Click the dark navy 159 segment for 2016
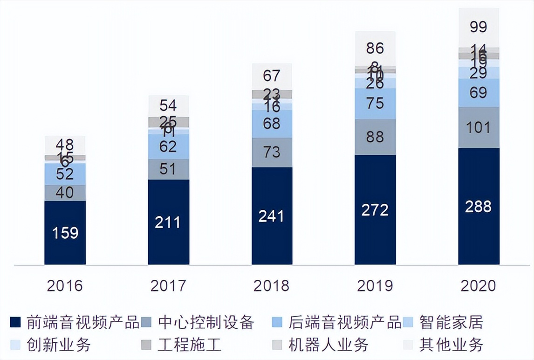pos(65,232)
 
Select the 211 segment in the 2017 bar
pos(169,222)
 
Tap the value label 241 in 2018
pos(272,216)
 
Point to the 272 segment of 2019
pos(375,210)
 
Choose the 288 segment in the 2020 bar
pos(479,207)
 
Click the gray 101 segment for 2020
pos(479,127)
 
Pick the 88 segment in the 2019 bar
pos(375,137)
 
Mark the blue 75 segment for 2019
pos(375,104)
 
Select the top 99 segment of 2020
pos(479,27)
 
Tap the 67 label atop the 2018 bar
pos(272,75)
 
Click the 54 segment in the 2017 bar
pos(169,105)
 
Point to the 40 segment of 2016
pos(65,193)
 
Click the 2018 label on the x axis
pos(272,285)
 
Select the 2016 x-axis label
pos(65,285)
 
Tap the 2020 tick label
pos(479,285)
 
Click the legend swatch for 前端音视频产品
pos(15,322)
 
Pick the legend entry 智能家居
pos(450,322)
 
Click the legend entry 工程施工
pos(189,345)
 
